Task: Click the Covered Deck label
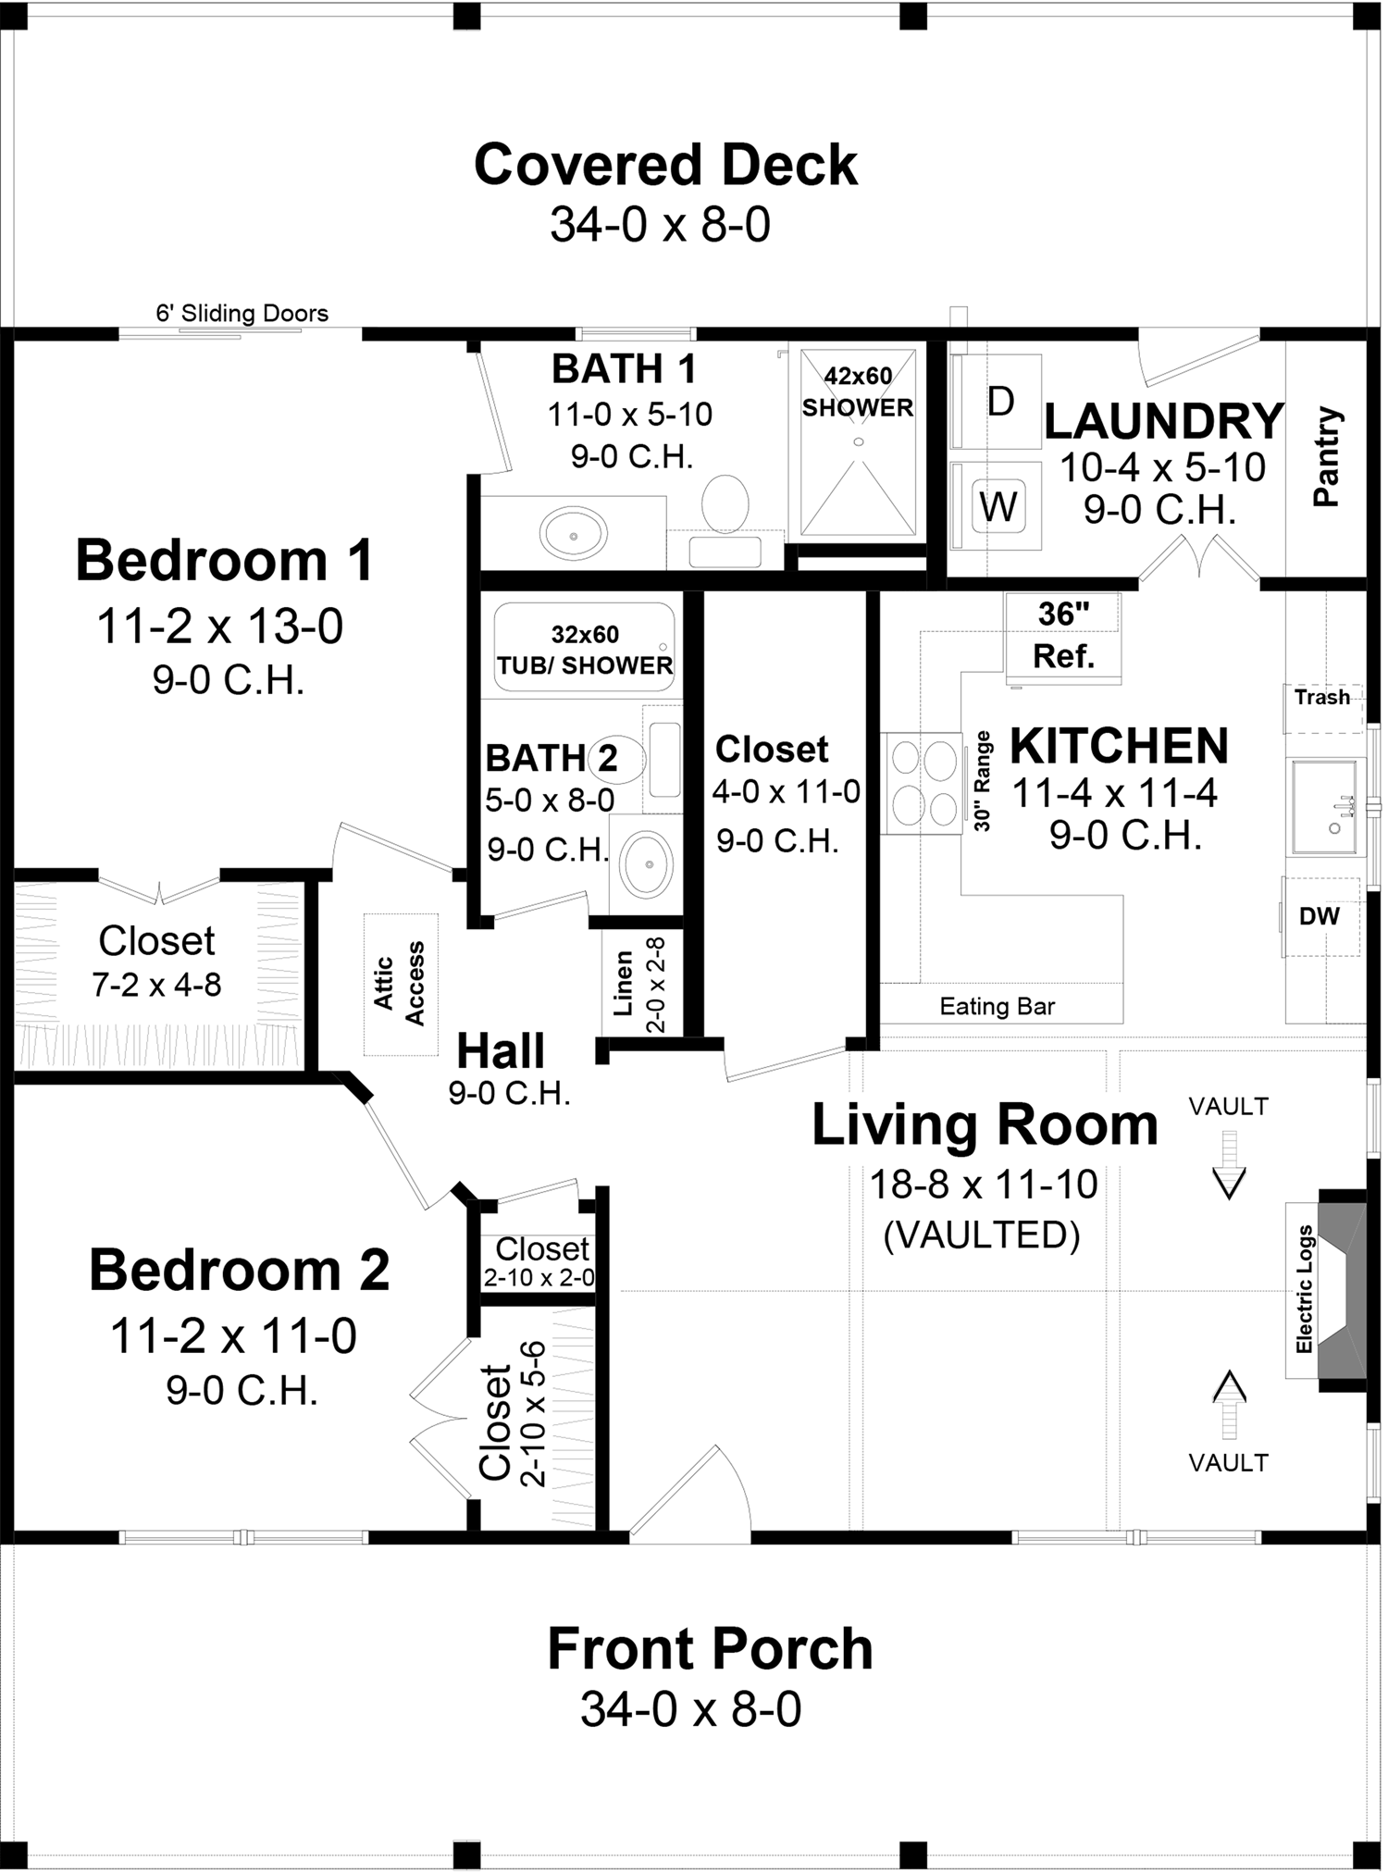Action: click(x=665, y=166)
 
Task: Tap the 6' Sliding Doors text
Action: click(x=242, y=314)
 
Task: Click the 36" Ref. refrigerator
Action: click(x=1063, y=636)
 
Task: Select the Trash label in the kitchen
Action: click(x=1322, y=697)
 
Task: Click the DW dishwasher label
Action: click(x=1320, y=916)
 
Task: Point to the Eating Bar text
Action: click(x=997, y=1006)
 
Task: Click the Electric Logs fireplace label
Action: click(x=1305, y=1289)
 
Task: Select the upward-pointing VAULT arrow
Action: click(x=1229, y=1403)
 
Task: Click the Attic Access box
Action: click(x=400, y=984)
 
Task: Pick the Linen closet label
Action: click(x=624, y=983)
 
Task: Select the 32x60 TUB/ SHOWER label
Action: click(x=585, y=650)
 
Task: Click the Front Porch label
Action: click(x=710, y=1648)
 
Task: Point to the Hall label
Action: click(x=501, y=1051)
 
